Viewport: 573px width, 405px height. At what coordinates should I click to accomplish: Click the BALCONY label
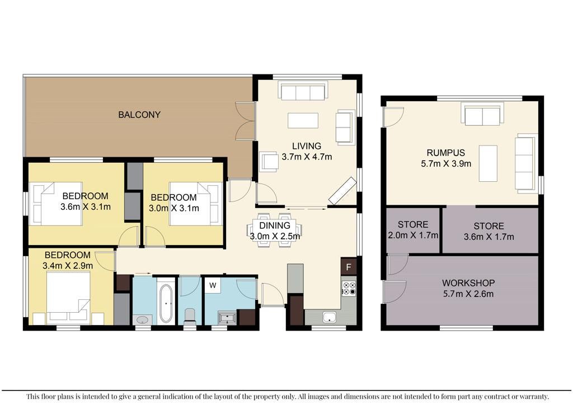139,115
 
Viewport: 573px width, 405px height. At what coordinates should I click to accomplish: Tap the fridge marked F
349,267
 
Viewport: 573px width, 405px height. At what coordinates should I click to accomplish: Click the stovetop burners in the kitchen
349,288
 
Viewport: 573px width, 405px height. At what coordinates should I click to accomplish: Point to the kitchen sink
329,317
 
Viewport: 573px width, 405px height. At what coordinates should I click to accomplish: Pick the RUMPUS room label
446,153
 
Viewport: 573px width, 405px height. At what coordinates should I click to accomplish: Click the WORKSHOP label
468,282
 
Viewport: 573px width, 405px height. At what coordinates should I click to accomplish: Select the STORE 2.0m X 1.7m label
413,230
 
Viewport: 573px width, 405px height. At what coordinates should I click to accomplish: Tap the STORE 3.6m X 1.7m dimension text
489,237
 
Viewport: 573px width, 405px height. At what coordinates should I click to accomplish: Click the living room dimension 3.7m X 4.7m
307,157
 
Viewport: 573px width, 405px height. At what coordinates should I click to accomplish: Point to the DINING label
275,225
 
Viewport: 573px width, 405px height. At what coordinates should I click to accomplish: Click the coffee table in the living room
303,120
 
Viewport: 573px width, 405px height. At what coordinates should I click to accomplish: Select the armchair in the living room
269,162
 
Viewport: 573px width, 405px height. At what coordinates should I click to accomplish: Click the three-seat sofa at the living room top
303,91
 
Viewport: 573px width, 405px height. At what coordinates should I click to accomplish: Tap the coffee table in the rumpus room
488,163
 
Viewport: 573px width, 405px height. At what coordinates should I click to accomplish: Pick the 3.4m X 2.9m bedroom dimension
68,266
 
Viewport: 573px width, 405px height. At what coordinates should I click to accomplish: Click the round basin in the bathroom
142,321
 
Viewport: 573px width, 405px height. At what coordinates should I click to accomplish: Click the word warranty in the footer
534,396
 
